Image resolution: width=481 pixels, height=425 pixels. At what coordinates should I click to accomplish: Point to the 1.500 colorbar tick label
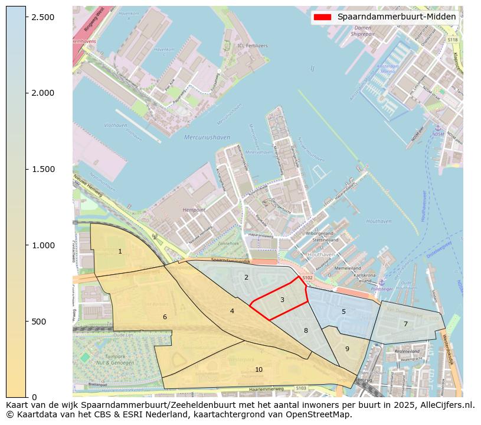tap(42, 169)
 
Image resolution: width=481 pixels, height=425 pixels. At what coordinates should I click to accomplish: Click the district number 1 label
tap(120, 252)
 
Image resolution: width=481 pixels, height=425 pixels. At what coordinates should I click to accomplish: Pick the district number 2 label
tap(246, 277)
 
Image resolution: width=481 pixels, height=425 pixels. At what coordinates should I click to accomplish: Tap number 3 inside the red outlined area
tap(282, 300)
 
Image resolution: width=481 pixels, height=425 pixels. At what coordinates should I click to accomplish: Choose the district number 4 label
tap(232, 311)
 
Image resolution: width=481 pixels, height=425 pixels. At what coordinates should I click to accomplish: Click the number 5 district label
tap(343, 312)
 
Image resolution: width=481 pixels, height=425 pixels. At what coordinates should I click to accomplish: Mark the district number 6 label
tap(165, 317)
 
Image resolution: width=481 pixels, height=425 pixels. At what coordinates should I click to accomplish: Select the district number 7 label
tap(405, 324)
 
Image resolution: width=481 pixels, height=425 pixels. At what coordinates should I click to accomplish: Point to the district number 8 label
tap(306, 331)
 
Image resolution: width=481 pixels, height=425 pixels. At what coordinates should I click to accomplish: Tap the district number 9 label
tap(347, 349)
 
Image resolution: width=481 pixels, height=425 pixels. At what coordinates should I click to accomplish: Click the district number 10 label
tap(259, 369)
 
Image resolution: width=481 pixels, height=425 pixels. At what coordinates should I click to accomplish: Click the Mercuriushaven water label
tap(207, 137)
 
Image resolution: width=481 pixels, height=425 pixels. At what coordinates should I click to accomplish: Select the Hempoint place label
tap(194, 210)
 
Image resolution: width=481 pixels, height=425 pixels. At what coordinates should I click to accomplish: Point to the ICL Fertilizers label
tap(252, 46)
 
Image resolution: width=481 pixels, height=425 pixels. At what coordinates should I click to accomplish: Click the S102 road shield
tap(307, 277)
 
